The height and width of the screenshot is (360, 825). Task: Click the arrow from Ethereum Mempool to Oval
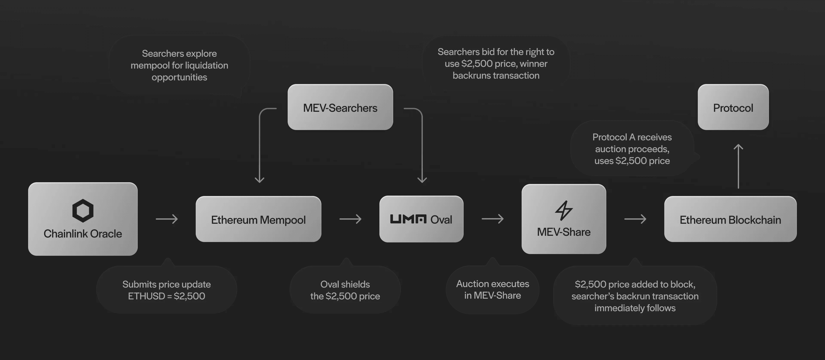click(350, 219)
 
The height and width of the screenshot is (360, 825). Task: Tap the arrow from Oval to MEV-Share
click(493, 219)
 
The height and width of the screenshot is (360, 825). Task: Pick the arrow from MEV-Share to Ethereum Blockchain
click(635, 219)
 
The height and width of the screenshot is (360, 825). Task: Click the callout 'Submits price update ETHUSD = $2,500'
click(167, 290)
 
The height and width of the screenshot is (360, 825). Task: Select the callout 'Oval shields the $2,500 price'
click(345, 290)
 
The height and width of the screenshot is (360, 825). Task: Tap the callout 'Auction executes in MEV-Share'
click(493, 290)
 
